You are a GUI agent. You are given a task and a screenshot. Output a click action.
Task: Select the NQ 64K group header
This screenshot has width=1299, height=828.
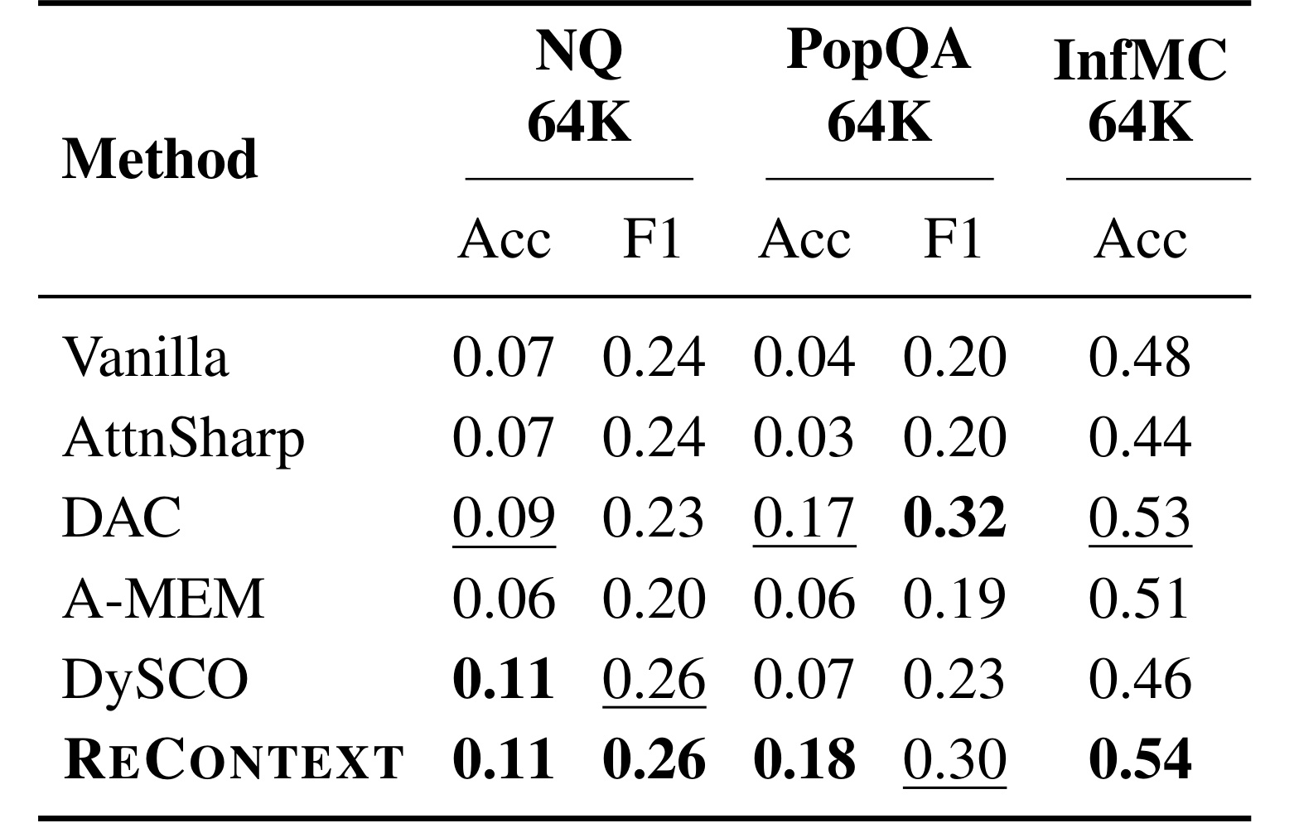[579, 86]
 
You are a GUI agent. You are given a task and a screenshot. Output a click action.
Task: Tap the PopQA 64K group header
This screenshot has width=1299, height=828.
[878, 86]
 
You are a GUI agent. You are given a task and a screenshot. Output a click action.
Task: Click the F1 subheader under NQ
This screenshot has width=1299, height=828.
[652, 238]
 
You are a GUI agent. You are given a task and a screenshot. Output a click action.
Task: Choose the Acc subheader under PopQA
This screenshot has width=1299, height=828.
[804, 238]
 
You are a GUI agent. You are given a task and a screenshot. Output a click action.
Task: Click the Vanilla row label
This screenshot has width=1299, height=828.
[145, 356]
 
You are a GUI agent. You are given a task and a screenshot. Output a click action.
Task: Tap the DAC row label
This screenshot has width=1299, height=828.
[121, 517]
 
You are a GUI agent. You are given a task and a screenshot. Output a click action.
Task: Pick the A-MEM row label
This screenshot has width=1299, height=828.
[163, 598]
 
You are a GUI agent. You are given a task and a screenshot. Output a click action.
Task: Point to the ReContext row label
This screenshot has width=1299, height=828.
[233, 759]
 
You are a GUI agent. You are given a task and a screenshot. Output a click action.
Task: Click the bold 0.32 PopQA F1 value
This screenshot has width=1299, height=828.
[954, 517]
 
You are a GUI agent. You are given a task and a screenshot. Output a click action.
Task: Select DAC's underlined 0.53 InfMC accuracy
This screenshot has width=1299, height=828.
[1140, 518]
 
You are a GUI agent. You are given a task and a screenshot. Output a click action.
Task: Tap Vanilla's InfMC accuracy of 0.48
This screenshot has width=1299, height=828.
[1140, 357]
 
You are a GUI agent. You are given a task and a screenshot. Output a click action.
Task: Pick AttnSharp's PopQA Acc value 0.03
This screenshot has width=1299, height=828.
[804, 437]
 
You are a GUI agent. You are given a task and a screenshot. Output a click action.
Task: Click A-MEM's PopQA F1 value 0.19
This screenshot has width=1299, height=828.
[954, 599]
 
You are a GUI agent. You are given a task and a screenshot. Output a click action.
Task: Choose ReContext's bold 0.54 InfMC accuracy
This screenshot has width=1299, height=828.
[1140, 759]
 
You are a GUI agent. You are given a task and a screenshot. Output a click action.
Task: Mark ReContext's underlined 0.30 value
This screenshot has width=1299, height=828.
[954, 761]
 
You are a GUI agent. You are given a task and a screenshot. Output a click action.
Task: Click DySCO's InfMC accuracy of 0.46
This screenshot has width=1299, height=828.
[1140, 679]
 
